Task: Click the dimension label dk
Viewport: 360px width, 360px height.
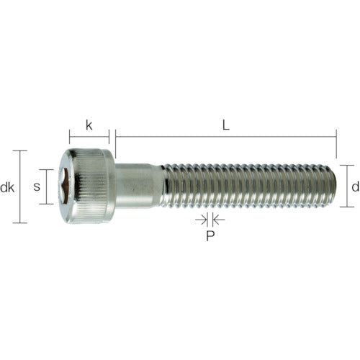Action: point(8,188)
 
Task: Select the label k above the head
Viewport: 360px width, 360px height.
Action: point(89,125)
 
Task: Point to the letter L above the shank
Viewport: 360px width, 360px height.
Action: point(225,125)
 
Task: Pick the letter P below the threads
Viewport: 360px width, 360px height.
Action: point(210,235)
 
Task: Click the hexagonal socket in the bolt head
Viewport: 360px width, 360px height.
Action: point(66,186)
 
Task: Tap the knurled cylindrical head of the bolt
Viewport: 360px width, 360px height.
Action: point(92,186)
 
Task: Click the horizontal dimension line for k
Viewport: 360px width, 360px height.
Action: point(89,134)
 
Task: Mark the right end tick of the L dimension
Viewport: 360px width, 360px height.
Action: point(336,143)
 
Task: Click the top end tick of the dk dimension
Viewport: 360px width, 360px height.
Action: point(21,151)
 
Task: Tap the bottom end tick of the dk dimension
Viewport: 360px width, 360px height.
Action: point(21,222)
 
